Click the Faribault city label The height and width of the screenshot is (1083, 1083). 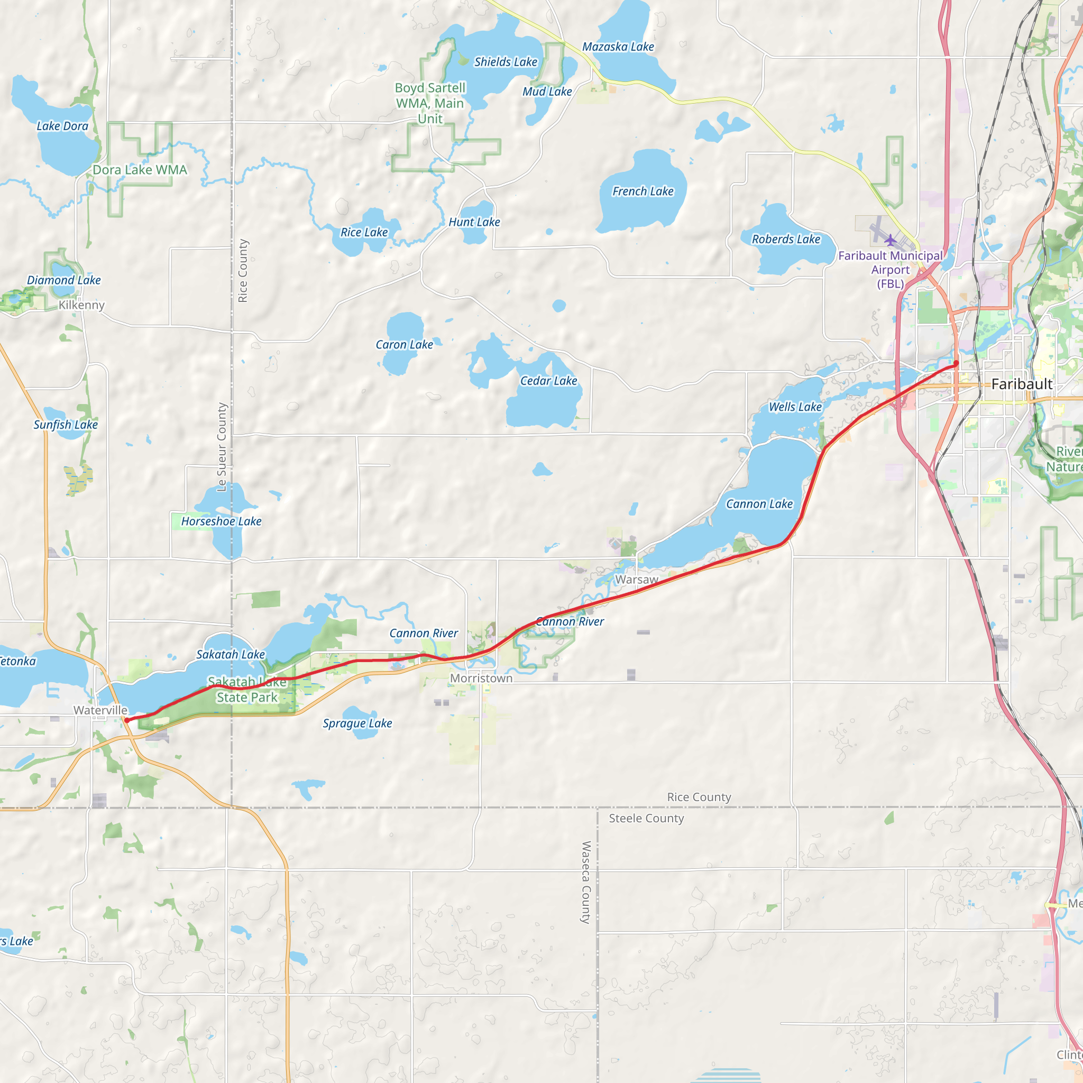point(1021,384)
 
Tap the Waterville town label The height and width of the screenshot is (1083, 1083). point(101,710)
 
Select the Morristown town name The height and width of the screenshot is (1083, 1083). point(481,678)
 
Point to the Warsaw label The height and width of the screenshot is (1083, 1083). point(636,580)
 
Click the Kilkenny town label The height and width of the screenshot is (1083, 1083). point(82,305)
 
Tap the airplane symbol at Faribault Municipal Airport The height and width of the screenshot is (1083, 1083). point(890,241)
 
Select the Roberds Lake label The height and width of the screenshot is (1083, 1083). point(786,240)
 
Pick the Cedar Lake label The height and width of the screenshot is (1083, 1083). point(548,381)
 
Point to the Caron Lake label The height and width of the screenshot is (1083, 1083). point(404,345)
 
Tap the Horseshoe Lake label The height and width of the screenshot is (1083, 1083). point(221,521)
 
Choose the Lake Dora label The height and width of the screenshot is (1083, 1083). point(62,126)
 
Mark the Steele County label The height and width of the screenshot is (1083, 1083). point(646,819)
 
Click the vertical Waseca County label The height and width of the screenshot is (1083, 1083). point(586,883)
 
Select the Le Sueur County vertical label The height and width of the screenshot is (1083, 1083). point(222,447)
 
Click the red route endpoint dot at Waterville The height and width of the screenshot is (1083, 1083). point(127,720)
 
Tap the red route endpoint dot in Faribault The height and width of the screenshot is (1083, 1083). point(956,363)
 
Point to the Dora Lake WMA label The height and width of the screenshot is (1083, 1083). point(140,170)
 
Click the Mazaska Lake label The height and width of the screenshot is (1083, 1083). point(618,47)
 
